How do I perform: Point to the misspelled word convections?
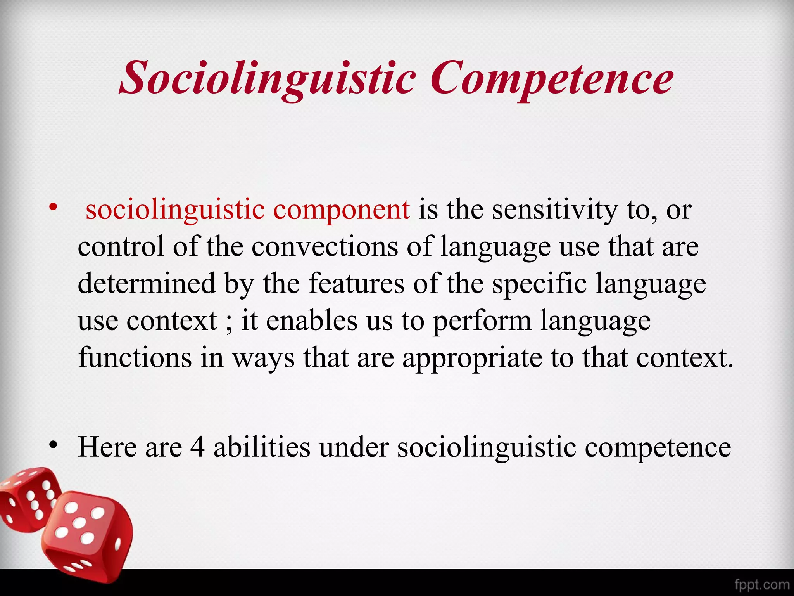[325, 247]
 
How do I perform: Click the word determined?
[147, 283]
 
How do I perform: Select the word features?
[356, 283]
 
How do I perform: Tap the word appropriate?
[472, 358]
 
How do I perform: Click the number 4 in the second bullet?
[197, 447]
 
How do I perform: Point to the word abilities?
[262, 447]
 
